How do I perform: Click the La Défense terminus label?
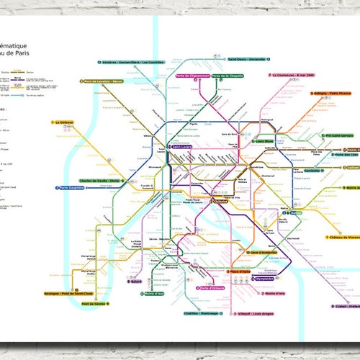pos(66,123)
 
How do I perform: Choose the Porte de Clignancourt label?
pos(192,76)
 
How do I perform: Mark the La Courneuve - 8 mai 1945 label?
pos(294,75)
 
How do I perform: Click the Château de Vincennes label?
pos(344,237)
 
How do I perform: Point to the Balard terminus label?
pos(135,282)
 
